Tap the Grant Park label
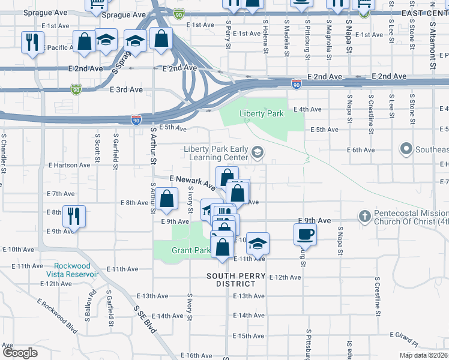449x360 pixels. [x=191, y=250]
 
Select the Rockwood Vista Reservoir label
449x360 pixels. [x=76, y=270]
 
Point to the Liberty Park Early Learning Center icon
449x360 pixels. [x=258, y=153]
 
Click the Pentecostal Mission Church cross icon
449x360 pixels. [x=364, y=215]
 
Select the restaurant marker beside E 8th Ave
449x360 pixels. [x=74, y=216]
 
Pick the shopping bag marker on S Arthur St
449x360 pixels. [x=166, y=198]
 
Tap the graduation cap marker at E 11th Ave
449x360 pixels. [x=258, y=244]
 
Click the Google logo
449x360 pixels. [x=20, y=353]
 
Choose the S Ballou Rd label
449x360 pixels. [x=93, y=304]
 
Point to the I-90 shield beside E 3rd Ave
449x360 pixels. [x=76, y=89]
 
